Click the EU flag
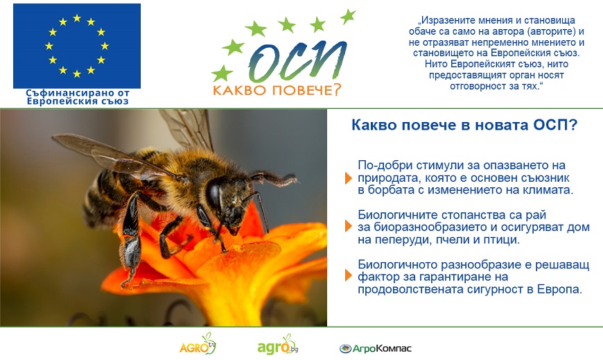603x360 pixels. (x=77, y=46)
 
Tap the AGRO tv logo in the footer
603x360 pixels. (x=198, y=344)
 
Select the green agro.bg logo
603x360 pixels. (x=278, y=345)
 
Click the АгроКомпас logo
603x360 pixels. (x=376, y=348)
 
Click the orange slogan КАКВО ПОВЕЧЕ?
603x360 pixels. (x=277, y=90)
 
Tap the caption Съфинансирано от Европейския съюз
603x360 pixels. (x=78, y=97)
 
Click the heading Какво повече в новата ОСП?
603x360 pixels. (x=464, y=125)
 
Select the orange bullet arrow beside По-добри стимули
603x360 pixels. (x=349, y=178)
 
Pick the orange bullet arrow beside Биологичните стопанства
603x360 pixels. (x=349, y=226)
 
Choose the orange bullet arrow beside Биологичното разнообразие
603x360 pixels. (x=349, y=275)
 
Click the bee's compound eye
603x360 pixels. (x=215, y=195)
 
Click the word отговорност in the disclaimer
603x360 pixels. (x=478, y=86)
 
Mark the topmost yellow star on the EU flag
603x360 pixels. (x=77, y=18)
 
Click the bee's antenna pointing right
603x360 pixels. (x=274, y=179)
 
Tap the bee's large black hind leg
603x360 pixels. (x=131, y=239)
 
